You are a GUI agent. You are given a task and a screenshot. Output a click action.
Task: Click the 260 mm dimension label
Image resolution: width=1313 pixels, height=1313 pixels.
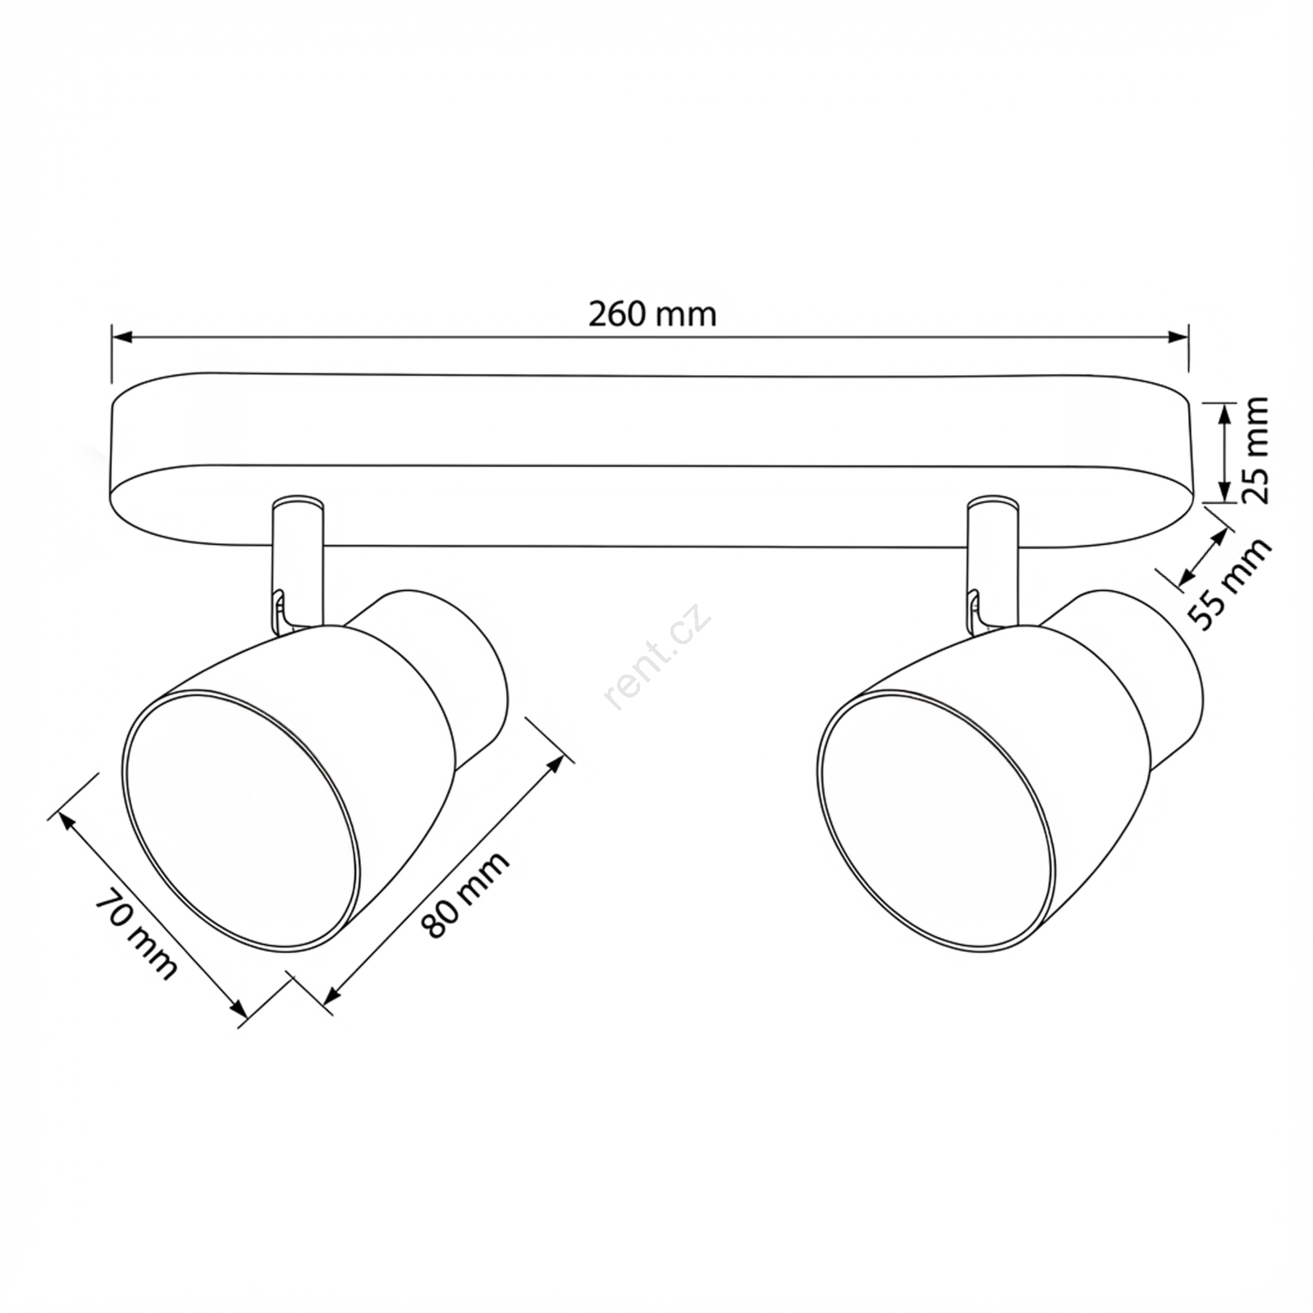(652, 314)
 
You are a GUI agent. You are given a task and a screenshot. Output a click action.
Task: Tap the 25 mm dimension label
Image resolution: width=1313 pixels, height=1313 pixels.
(1255, 450)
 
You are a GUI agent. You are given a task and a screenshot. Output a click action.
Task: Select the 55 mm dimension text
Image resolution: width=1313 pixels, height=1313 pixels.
(1230, 583)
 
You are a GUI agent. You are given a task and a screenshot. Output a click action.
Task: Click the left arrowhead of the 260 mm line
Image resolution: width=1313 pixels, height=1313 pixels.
(121, 336)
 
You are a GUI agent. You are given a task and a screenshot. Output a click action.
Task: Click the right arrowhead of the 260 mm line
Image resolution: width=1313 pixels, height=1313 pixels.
(1178, 336)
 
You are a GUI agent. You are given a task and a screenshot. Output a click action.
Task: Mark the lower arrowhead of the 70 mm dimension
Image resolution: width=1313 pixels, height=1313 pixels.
(239, 1009)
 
